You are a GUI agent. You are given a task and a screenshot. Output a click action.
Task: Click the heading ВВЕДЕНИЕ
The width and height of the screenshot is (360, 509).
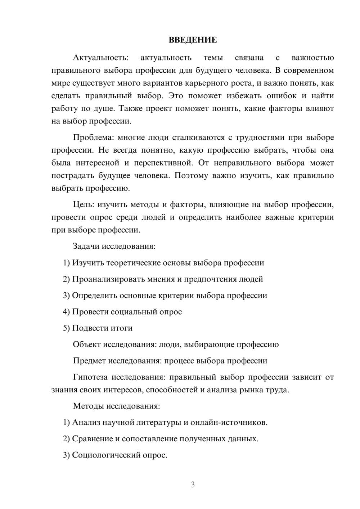pyautogui.click(x=193, y=40)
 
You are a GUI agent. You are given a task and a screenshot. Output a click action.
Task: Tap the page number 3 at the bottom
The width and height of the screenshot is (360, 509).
pyautogui.click(x=193, y=485)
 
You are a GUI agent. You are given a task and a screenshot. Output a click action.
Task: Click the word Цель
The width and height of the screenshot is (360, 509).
pyautogui.click(x=83, y=205)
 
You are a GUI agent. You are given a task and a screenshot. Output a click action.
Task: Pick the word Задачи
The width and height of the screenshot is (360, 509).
pyautogui.click(x=86, y=247)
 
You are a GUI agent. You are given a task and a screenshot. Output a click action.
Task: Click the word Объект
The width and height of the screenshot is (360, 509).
pyautogui.click(x=87, y=345)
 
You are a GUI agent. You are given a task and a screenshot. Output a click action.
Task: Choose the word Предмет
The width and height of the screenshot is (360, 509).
pyautogui.click(x=89, y=361)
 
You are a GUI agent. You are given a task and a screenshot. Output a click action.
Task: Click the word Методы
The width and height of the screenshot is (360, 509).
pyautogui.click(x=88, y=406)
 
